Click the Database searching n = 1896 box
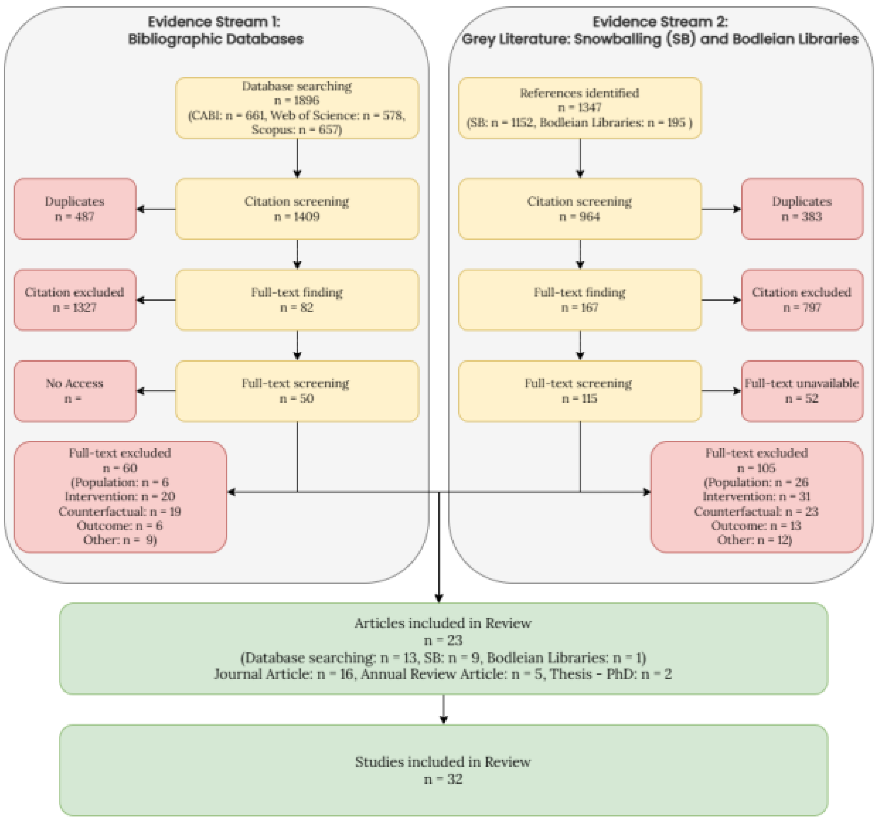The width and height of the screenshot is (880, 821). click(x=297, y=108)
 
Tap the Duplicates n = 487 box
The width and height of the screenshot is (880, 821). click(x=75, y=209)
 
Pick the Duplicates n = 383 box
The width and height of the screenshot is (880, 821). click(x=802, y=209)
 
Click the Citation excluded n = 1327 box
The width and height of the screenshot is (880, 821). click(x=75, y=300)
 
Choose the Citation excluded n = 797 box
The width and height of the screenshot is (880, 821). click(x=802, y=300)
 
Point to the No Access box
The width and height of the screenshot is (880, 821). click(x=75, y=391)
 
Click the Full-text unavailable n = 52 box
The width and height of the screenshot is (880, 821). click(x=802, y=391)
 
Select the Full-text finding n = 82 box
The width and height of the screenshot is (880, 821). click(x=297, y=300)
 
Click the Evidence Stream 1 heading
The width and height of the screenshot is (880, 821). click(x=215, y=30)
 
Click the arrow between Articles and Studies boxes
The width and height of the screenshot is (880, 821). click(x=444, y=709)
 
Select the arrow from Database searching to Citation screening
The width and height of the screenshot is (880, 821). click(x=297, y=158)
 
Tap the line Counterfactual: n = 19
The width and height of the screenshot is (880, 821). click(x=120, y=511)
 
